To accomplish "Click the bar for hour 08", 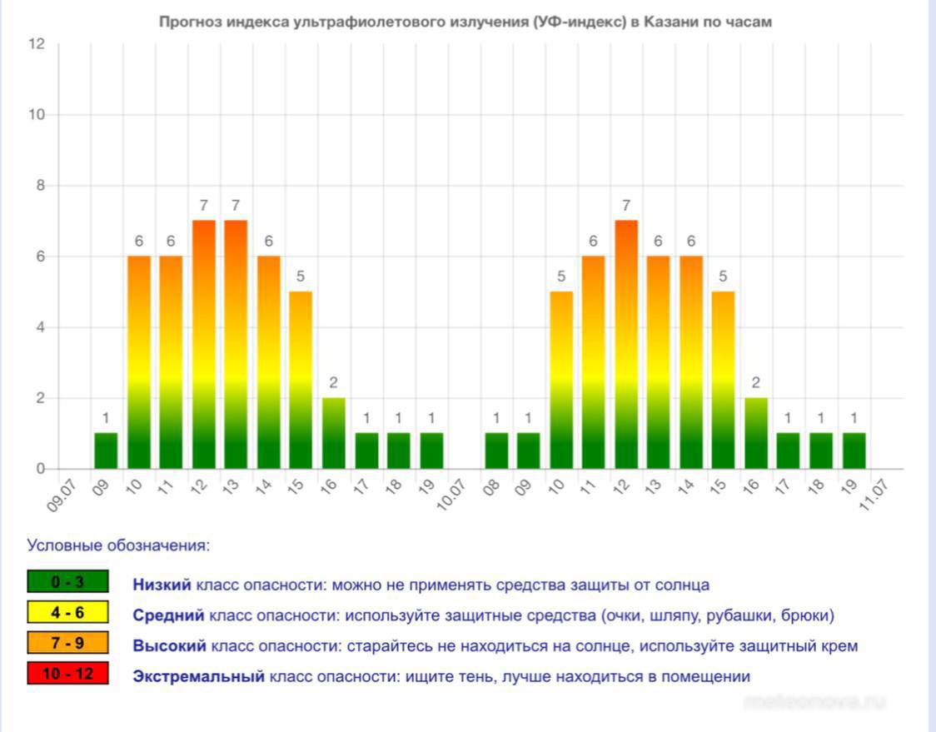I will click(496, 451).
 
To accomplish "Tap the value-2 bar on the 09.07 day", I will click(334, 433).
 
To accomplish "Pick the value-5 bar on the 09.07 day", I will click(301, 380).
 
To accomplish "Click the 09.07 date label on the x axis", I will click(63, 492).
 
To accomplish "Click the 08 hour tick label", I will click(492, 486).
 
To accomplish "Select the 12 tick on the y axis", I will click(37, 44).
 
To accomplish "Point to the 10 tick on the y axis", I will click(37, 115).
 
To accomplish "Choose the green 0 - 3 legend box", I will click(67, 582).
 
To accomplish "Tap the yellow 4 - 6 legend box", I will click(67, 613).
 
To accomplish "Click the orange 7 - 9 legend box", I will click(67, 644).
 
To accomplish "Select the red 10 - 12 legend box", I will click(67, 674).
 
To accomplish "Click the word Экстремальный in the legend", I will click(198, 676).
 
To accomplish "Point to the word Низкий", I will click(162, 585).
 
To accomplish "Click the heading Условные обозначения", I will click(118, 546).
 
